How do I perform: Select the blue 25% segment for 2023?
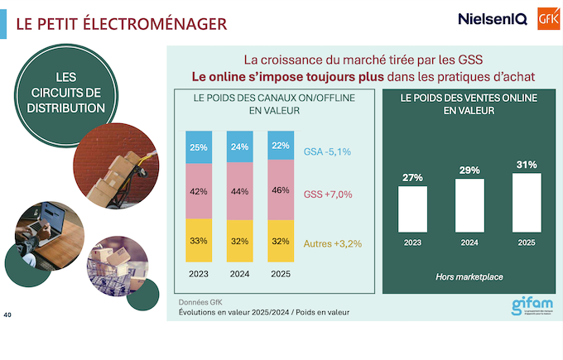click(x=199, y=147)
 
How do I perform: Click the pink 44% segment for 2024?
click(x=240, y=191)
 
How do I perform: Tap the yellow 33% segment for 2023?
click(x=199, y=241)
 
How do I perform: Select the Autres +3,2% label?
click(x=334, y=243)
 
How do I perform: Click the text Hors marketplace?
click(x=469, y=276)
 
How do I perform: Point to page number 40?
click(x=8, y=315)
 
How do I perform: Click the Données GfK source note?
click(x=201, y=302)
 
